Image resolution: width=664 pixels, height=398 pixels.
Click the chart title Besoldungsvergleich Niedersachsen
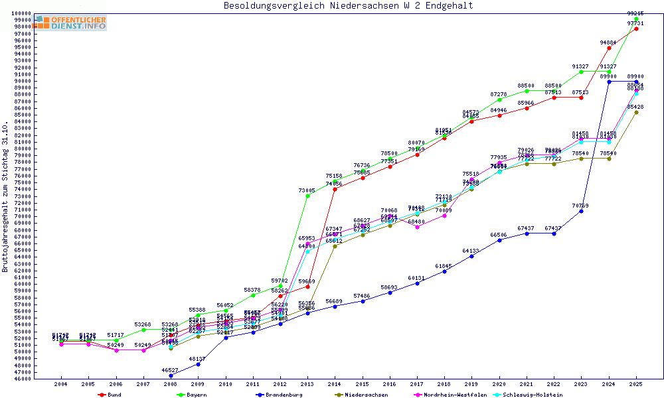tap(348, 6)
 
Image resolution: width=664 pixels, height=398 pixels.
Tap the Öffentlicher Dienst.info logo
tap(70, 23)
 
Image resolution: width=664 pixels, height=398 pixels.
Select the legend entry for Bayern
tap(193, 395)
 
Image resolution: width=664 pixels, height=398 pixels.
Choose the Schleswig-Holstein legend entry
tap(532, 395)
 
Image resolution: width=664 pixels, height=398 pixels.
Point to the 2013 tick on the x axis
tap(307, 384)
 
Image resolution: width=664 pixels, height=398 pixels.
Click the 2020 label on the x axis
tap(499, 384)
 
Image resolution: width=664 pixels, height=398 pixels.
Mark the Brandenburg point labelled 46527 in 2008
tap(171, 375)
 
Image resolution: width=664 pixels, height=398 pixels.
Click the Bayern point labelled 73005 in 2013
tap(307, 196)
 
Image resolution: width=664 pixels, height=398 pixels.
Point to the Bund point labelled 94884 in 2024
tap(609, 48)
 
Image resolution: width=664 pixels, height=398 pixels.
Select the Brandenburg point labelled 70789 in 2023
tap(582, 211)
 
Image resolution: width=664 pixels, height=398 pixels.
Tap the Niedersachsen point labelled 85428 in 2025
tap(636, 112)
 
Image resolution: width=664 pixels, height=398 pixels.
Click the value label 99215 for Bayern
tap(635, 13)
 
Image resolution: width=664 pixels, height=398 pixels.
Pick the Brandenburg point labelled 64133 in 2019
tap(471, 256)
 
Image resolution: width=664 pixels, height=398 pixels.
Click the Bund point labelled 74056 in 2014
tap(335, 189)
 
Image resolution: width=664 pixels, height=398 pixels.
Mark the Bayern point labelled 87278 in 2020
tap(499, 99)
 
